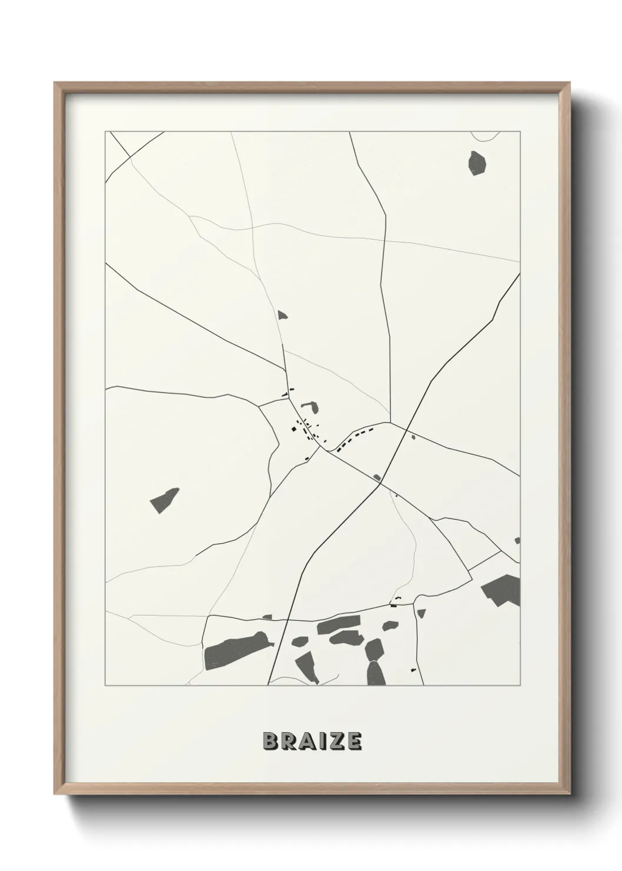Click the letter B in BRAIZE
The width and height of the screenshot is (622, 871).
271,742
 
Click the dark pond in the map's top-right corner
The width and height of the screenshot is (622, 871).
477,162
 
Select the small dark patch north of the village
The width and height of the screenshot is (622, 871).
283,315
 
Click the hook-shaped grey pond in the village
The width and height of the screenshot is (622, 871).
310,407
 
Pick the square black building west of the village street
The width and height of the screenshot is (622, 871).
290,429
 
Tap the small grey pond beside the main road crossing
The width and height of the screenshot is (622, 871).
377,477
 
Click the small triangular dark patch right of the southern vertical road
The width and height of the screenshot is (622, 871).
420,613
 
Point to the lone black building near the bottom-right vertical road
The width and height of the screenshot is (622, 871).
413,670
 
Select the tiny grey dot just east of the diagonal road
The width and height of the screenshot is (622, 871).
413,437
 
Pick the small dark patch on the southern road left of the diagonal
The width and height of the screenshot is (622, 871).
267,617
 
